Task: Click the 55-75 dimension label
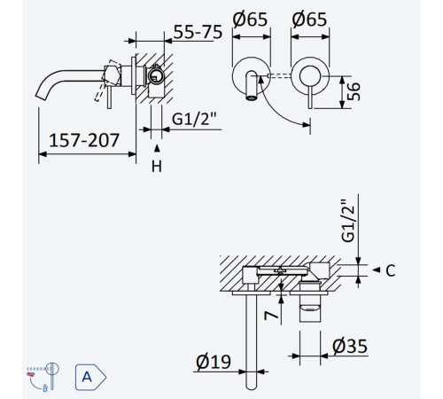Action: tap(198, 32)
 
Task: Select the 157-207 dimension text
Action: tap(84, 140)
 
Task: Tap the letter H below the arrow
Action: tap(157, 167)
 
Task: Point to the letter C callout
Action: tap(391, 270)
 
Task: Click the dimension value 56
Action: tap(353, 91)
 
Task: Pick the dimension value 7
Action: tap(271, 316)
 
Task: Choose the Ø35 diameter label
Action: tap(350, 346)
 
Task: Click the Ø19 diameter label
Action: tap(214, 361)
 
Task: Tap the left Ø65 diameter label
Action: tap(250, 20)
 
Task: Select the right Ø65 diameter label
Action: tap(309, 20)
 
